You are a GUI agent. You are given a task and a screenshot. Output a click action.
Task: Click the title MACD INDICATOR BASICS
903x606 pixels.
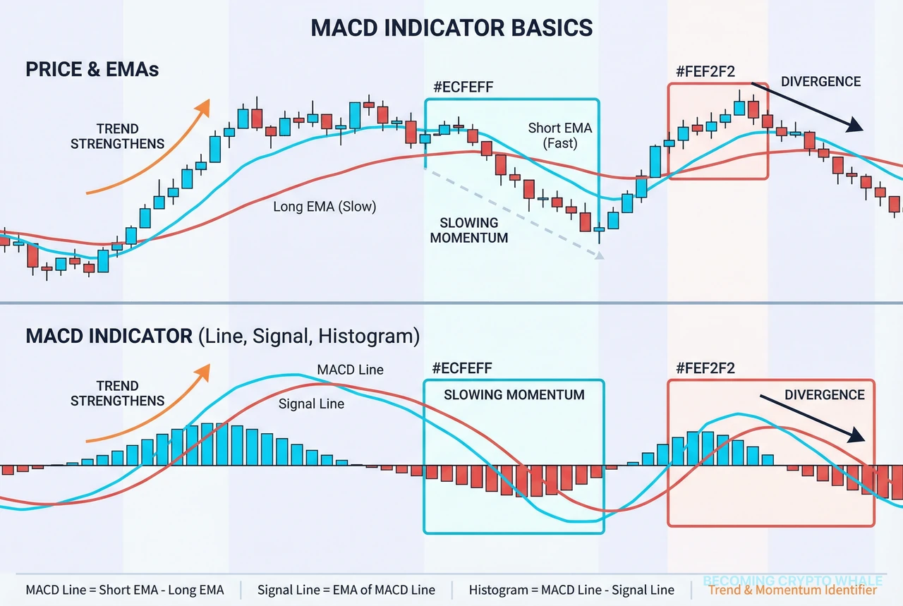pos(451,28)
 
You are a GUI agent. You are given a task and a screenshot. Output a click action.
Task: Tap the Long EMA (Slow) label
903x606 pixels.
pos(325,207)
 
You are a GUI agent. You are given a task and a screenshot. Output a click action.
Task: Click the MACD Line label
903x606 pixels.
pos(350,370)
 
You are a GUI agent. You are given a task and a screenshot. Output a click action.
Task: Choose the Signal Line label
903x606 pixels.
pos(311,404)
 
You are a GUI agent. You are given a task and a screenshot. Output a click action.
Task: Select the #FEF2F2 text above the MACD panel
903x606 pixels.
pos(705,368)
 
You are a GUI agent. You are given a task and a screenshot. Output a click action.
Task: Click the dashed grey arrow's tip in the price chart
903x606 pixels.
pos(600,257)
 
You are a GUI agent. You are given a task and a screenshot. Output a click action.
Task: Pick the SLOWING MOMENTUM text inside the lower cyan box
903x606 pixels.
pos(514,395)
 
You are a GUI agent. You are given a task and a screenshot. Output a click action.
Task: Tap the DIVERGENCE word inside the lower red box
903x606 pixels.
pos(824,394)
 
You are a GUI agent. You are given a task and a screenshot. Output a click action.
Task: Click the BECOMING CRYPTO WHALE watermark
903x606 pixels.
pos(789,581)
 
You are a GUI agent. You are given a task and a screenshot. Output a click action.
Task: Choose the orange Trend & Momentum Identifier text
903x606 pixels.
pos(792,590)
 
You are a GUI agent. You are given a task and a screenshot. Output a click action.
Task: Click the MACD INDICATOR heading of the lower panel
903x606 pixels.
pos(109,336)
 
